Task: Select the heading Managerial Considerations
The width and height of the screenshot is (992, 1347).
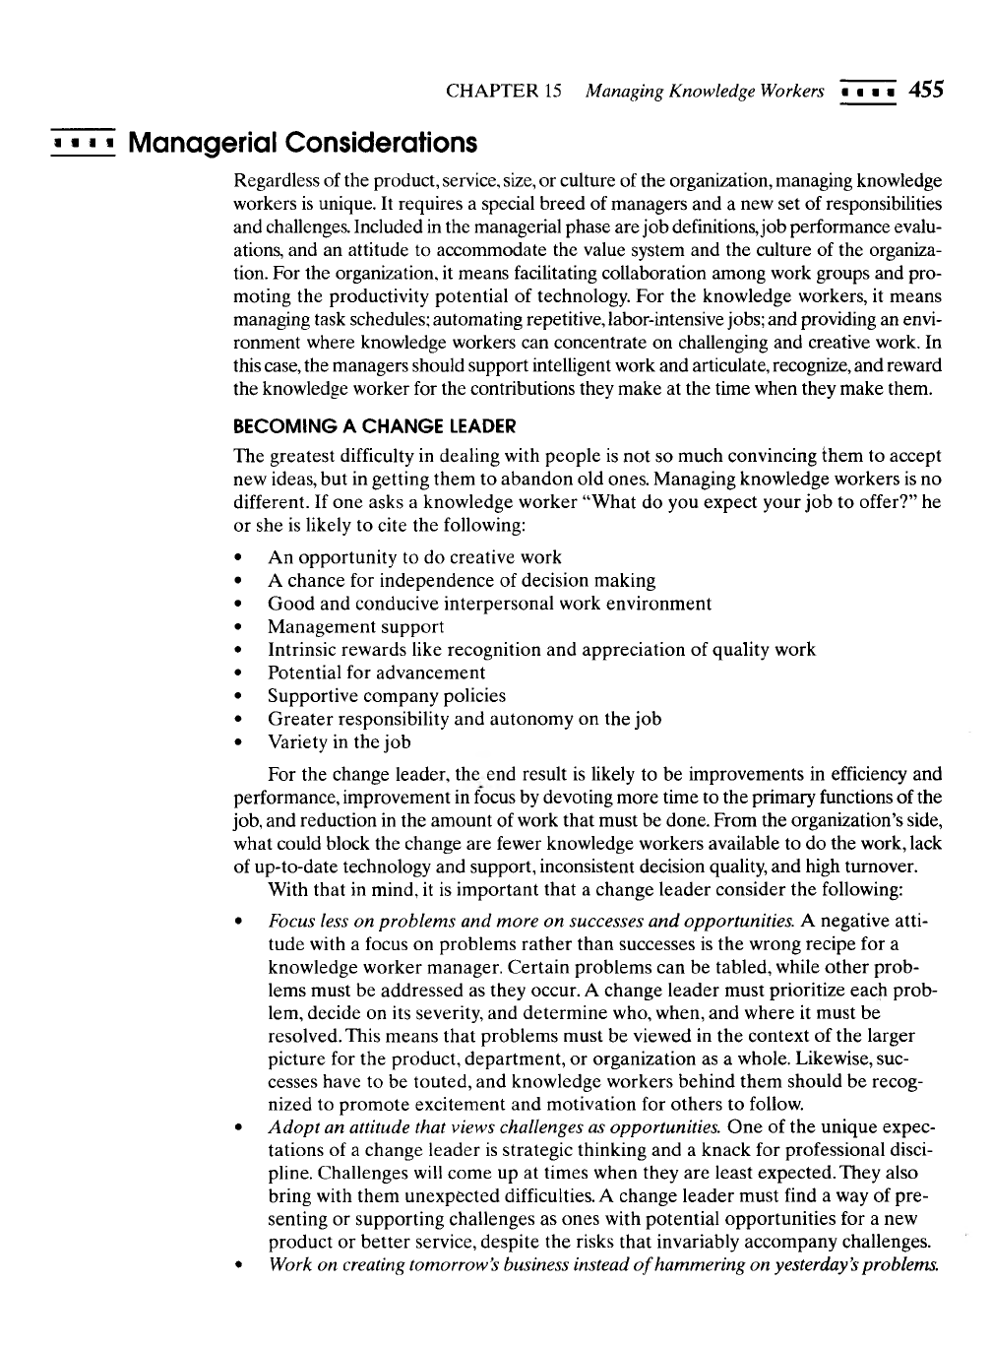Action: pyautogui.click(x=303, y=144)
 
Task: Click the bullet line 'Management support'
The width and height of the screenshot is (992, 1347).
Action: pyautogui.click(x=355, y=626)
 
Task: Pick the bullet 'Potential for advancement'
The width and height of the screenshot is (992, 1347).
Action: pyautogui.click(x=376, y=673)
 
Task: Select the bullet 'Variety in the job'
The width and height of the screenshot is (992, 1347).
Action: pyautogui.click(x=339, y=741)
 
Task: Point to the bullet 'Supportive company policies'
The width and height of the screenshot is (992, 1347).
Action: pyautogui.click(x=386, y=695)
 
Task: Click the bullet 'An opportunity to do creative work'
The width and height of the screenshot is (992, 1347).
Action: pyautogui.click(x=414, y=557)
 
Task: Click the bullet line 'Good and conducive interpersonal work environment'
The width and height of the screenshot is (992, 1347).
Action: pyautogui.click(x=489, y=604)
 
